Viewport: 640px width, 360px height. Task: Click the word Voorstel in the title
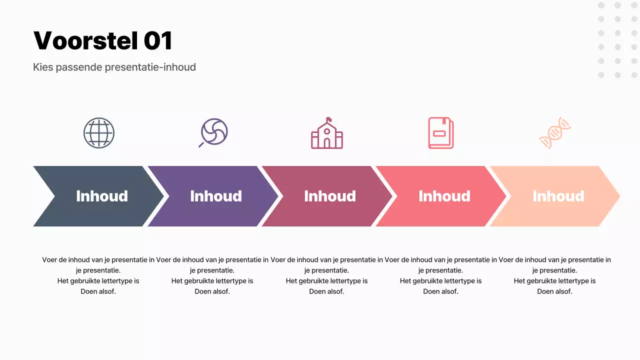coord(85,40)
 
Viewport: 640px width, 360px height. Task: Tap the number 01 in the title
coord(158,40)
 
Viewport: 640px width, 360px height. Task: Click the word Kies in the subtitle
coord(43,67)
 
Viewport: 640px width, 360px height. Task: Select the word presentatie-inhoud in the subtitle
coord(150,67)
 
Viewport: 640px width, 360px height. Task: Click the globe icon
coord(99,133)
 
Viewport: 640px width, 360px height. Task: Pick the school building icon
coord(327,133)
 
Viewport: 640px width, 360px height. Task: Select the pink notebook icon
coord(441,133)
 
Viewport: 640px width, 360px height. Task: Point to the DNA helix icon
coord(555,133)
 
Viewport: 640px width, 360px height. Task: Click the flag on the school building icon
coord(328,119)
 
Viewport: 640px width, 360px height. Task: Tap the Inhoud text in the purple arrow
coord(216,196)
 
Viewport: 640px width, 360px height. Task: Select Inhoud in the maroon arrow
coord(330,196)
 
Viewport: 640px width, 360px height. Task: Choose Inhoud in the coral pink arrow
coord(444,196)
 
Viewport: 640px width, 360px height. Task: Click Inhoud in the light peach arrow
coord(558,196)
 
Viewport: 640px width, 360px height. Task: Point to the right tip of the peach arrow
coord(619,196)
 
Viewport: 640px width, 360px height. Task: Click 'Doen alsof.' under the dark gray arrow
coord(98,291)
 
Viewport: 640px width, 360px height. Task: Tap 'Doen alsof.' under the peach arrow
coord(554,291)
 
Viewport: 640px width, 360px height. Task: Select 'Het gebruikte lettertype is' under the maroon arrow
coord(326,281)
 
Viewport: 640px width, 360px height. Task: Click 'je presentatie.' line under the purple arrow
coord(212,270)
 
